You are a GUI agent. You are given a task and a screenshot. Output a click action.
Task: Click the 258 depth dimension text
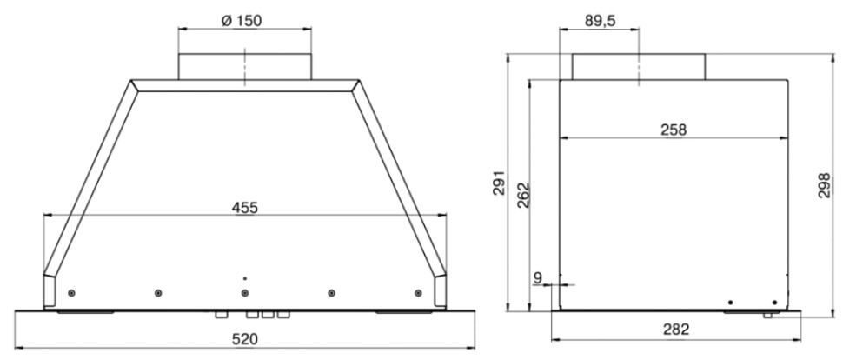tap(673, 130)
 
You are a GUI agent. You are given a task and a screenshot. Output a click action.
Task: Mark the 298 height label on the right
tap(825, 184)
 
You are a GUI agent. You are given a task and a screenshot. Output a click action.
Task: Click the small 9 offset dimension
tap(538, 277)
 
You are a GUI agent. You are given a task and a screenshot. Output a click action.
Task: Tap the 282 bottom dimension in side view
tap(674, 330)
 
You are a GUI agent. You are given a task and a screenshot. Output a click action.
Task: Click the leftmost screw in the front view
tap(71, 291)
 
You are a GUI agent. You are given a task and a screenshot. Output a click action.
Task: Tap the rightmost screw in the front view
tap(418, 291)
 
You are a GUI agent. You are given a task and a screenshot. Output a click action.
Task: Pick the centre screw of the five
tap(245, 292)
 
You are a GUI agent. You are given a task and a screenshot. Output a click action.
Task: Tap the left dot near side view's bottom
tap(730, 302)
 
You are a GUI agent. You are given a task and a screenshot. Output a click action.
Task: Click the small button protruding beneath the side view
tap(767, 315)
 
